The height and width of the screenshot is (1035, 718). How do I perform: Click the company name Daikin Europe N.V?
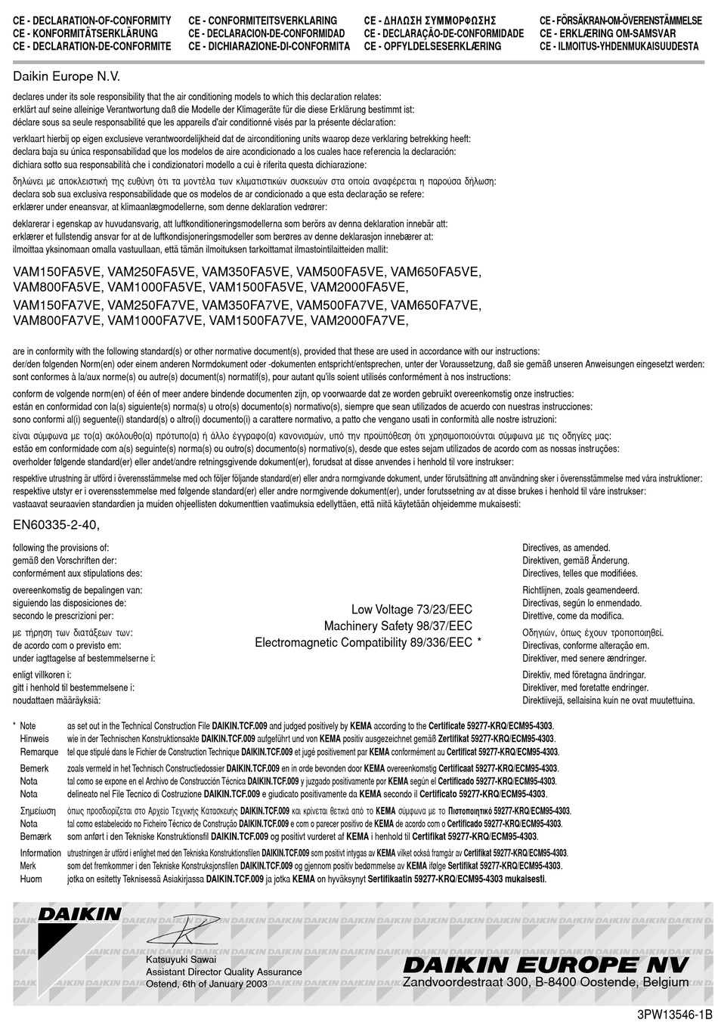click(x=67, y=76)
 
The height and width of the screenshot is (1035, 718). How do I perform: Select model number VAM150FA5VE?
click(x=57, y=272)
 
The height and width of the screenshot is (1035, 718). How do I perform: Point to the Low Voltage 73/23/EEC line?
click(x=411, y=610)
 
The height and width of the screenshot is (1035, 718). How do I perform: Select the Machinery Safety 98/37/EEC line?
click(x=398, y=626)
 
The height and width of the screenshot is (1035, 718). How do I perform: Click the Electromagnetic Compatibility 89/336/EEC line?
click(x=363, y=642)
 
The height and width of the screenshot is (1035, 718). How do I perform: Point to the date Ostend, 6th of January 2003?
click(x=206, y=984)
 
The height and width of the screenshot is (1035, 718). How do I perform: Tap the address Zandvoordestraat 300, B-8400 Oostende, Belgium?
click(x=546, y=981)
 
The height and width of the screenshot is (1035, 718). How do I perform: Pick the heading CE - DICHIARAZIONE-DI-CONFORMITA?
click(x=269, y=46)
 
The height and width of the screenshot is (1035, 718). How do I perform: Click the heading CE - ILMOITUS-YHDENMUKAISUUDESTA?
click(x=619, y=46)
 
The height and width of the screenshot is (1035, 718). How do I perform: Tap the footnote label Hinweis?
click(x=35, y=738)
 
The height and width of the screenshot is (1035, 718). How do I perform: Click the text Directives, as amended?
click(x=566, y=547)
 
